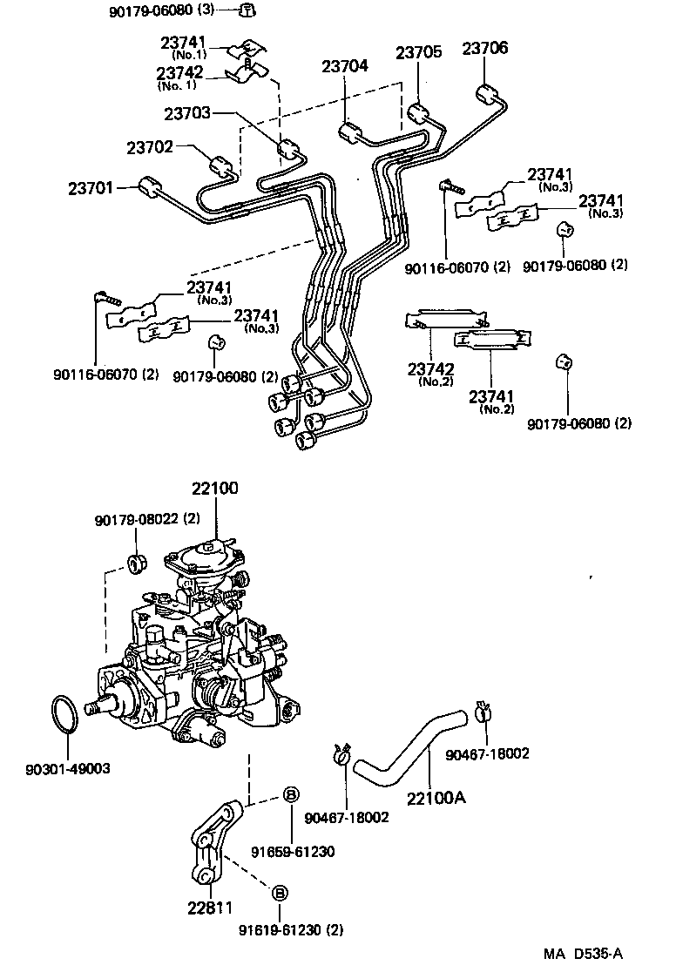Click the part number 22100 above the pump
tap(213, 489)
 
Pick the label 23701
tap(91, 188)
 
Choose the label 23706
tap(485, 49)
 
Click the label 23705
tap(419, 52)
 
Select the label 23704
tap(344, 66)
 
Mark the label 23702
tap(150, 148)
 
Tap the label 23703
tap(187, 113)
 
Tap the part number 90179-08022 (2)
tap(149, 519)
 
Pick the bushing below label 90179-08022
tap(136, 560)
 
